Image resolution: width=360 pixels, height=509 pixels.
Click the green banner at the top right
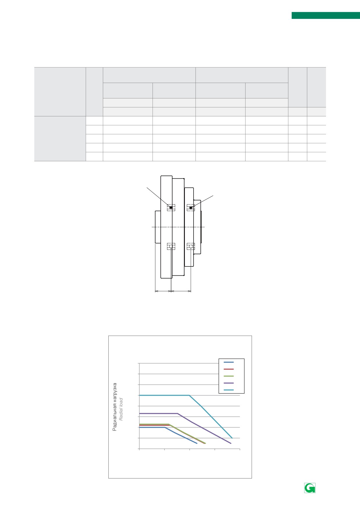326,15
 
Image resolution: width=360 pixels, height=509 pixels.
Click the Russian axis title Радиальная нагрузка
115,407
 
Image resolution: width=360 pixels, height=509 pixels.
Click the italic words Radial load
121,409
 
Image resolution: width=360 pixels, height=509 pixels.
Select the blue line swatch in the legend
229,362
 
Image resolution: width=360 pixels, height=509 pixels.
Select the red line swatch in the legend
229,369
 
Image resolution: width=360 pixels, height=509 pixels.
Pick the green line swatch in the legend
229,376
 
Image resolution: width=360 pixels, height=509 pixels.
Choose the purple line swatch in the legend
229,383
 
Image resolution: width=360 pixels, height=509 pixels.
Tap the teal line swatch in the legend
229,390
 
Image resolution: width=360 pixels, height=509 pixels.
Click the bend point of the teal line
189,395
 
